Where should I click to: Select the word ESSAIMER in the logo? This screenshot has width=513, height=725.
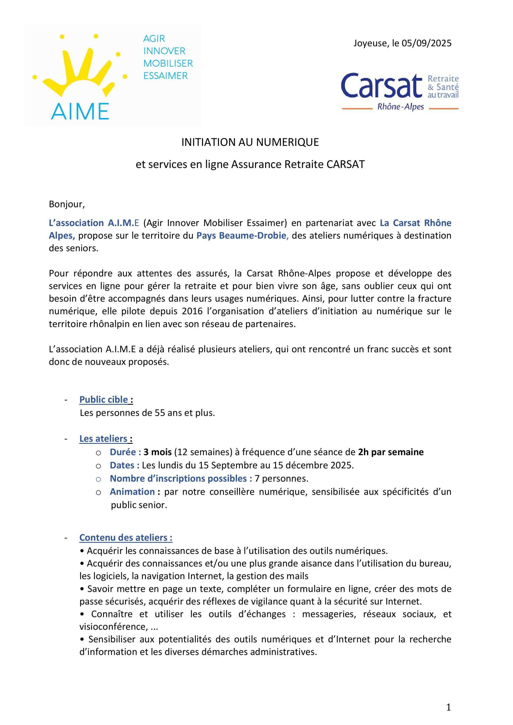166,76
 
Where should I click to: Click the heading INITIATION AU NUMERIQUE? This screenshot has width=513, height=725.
250,142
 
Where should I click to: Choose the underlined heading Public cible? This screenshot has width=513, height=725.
104,400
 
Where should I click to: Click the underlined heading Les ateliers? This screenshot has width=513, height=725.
103,439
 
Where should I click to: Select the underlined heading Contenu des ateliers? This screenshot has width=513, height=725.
126,538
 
